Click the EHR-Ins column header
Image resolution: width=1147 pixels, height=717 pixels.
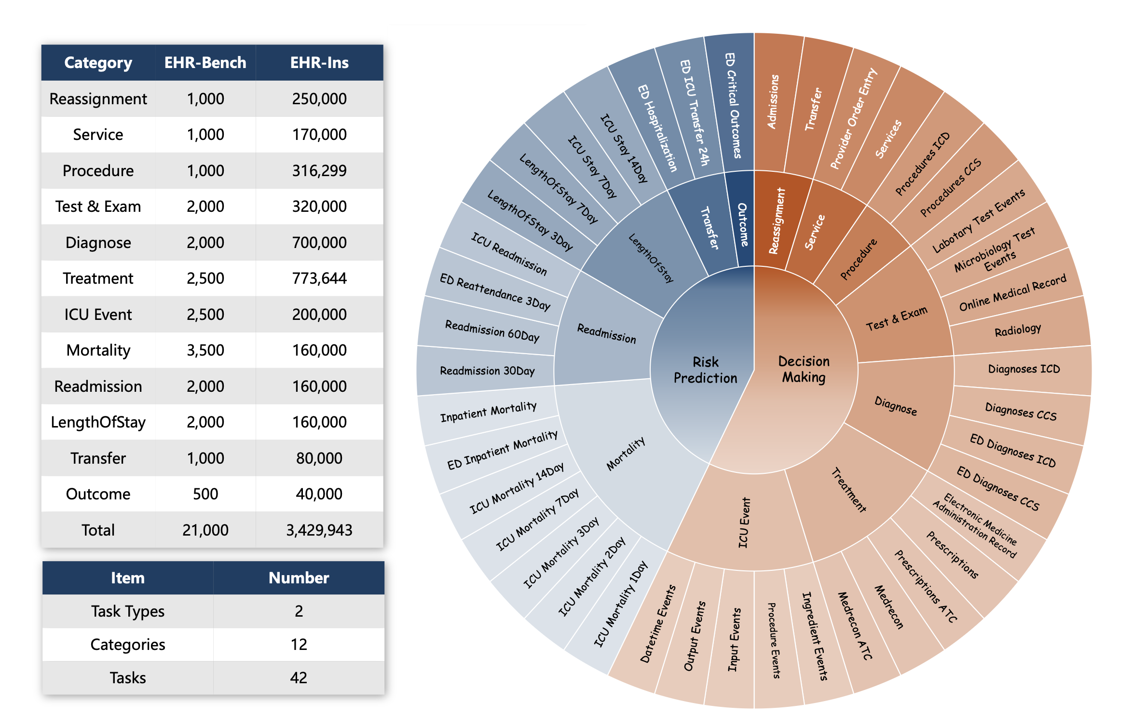(x=319, y=63)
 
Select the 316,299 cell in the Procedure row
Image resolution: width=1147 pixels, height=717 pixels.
(x=319, y=170)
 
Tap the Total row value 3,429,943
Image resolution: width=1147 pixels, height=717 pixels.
(x=319, y=530)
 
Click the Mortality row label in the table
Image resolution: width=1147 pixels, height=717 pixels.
(x=98, y=350)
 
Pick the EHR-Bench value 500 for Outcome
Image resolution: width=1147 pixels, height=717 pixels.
(x=205, y=494)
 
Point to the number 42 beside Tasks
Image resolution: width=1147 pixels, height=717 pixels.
(x=299, y=677)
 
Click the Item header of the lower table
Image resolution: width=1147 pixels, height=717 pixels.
(x=127, y=578)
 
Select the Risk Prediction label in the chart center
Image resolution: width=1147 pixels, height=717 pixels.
(x=705, y=370)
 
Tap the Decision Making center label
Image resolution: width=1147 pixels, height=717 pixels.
(x=804, y=369)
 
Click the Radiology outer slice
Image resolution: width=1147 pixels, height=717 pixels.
(x=1017, y=330)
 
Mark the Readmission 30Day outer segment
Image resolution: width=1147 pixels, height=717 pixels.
(x=487, y=371)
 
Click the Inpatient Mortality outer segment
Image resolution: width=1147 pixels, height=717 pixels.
(x=488, y=412)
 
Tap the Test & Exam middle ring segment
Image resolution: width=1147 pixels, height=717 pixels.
(x=896, y=318)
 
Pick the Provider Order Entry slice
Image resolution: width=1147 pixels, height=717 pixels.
(x=853, y=118)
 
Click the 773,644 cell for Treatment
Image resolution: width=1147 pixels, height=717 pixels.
(x=319, y=278)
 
